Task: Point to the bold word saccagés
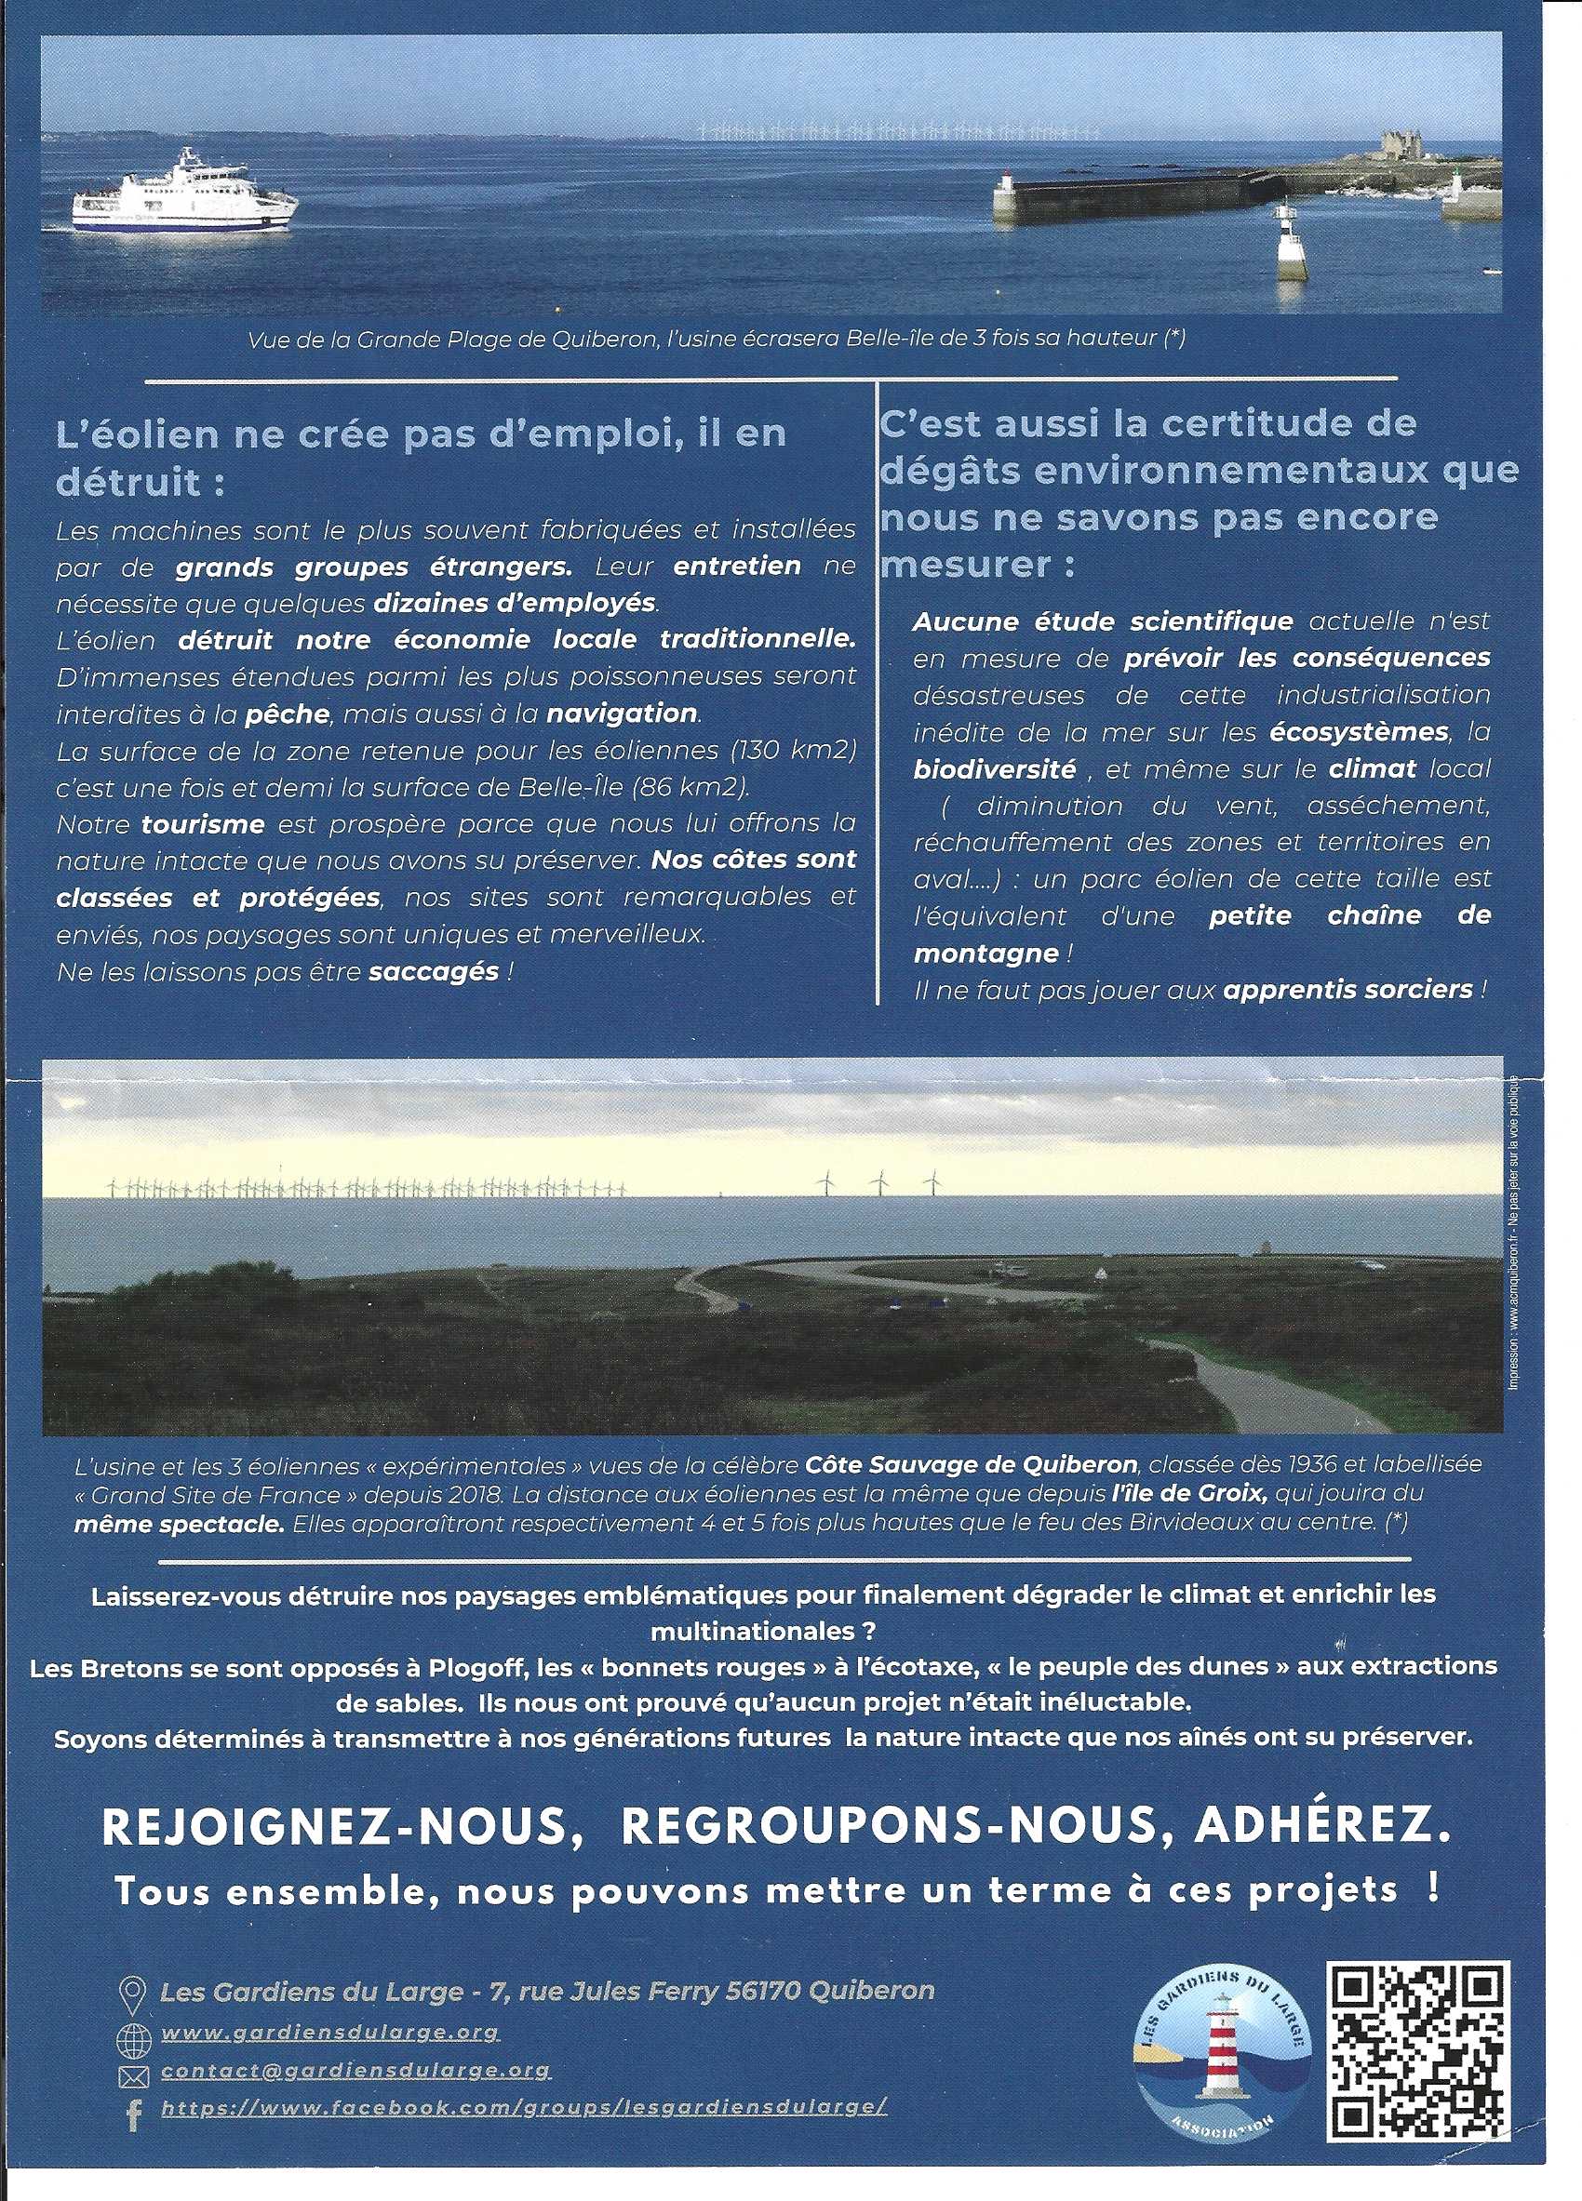pyautogui.click(x=433, y=971)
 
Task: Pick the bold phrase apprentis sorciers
pyautogui.click(x=1348, y=990)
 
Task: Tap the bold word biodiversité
pyautogui.click(x=995, y=769)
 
